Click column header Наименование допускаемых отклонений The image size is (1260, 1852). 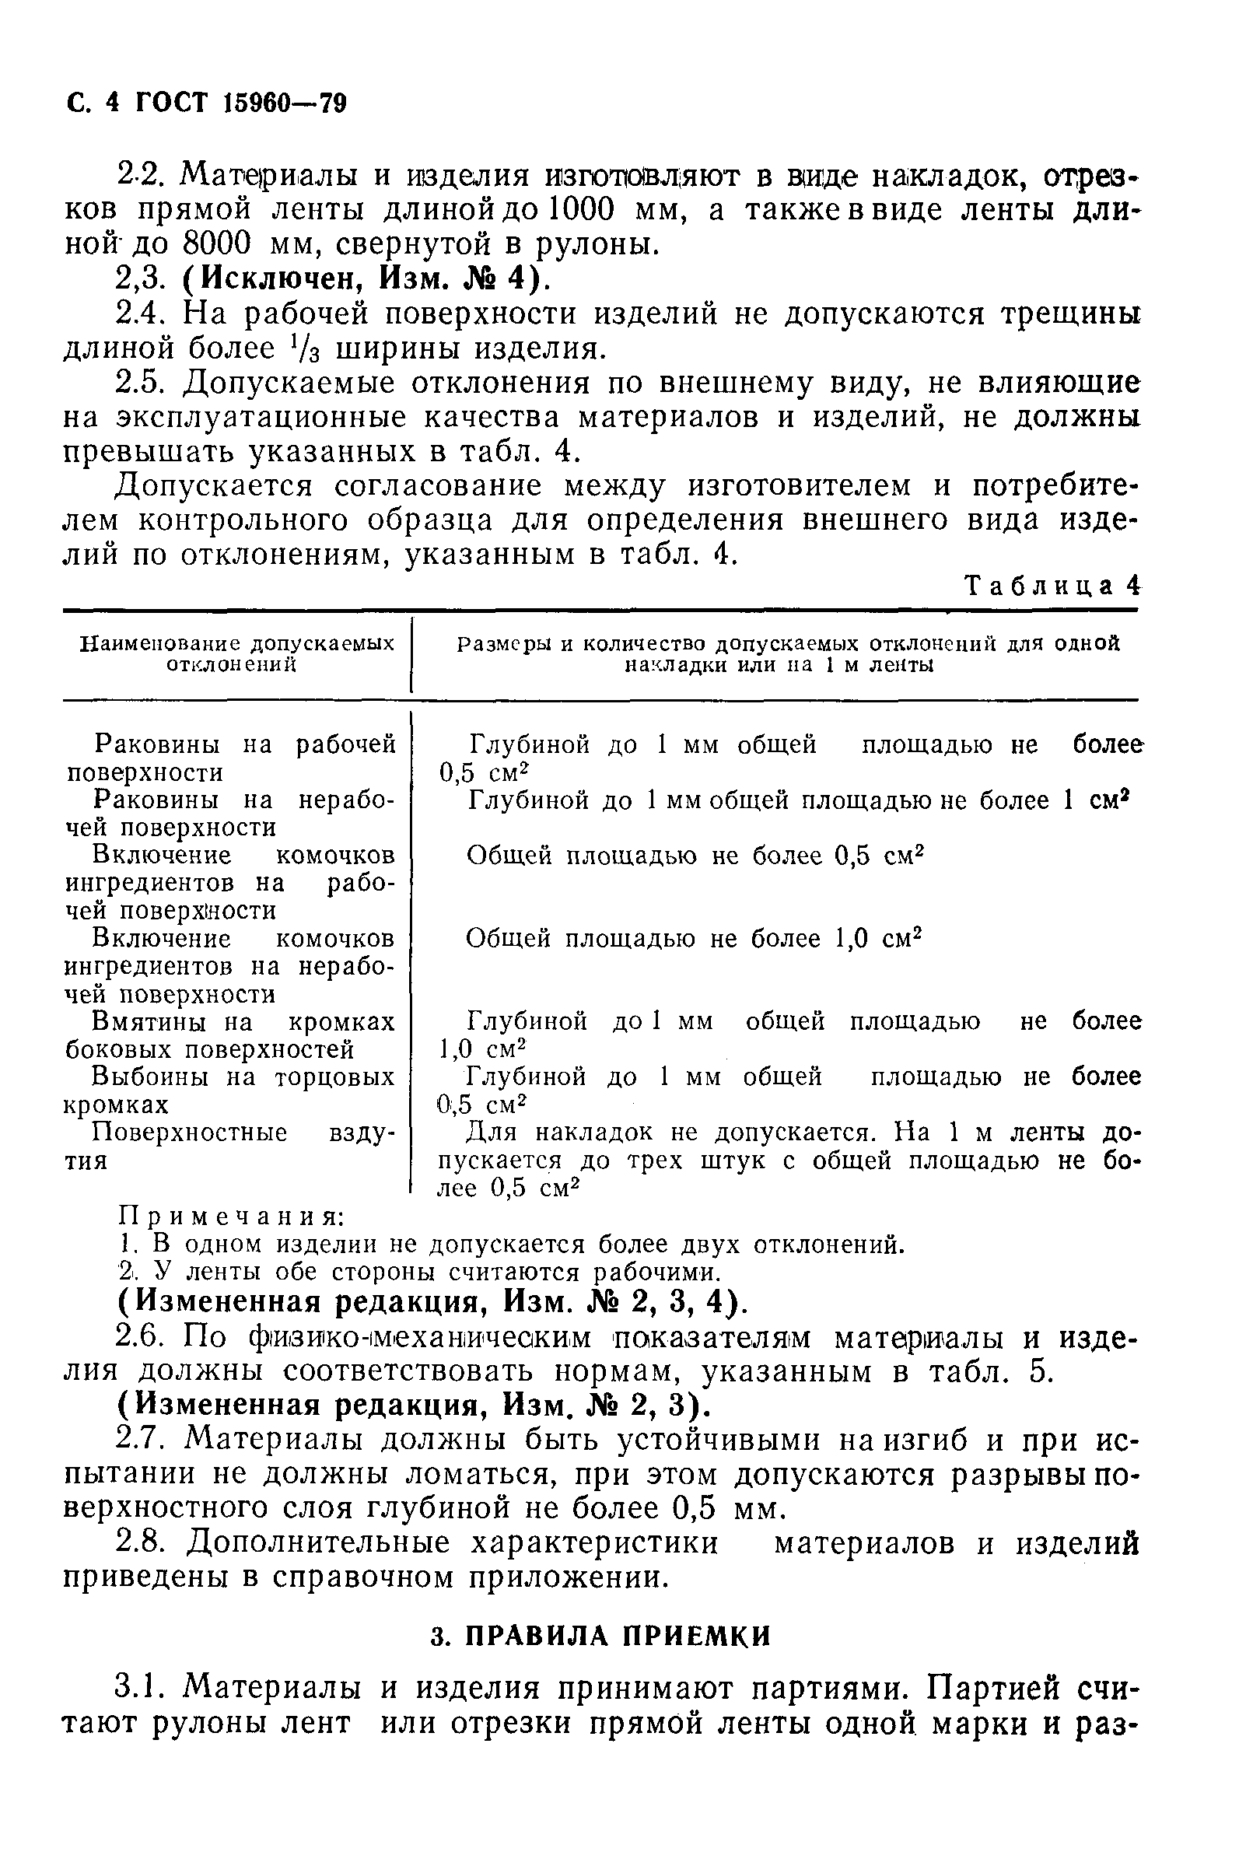pos(236,654)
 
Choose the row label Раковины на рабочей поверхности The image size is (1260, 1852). pos(231,758)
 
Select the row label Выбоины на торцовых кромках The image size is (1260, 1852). pos(231,1091)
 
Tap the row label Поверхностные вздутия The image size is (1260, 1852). pos(231,1145)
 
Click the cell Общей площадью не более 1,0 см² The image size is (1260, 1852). pos(692,939)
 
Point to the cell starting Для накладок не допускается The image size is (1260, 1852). pos(789,1160)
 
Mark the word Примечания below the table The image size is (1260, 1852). pos(232,1217)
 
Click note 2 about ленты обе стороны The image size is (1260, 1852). pos(415,1271)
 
